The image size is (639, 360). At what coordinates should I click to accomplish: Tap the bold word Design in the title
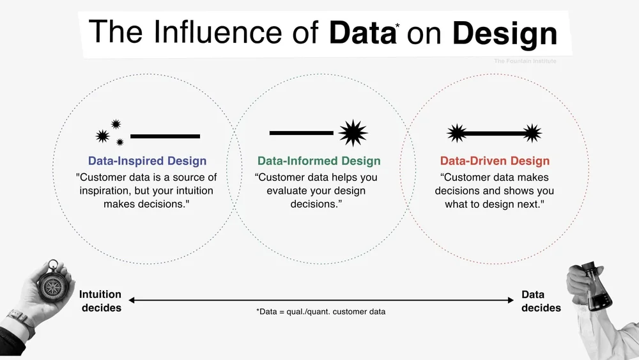coord(505,33)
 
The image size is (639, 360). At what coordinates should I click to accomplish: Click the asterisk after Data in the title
coord(397,26)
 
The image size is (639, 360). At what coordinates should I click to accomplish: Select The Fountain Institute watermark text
coord(525,61)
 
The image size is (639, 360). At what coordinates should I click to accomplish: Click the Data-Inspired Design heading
coord(147,161)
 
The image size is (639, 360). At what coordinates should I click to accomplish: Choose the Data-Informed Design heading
coord(319,161)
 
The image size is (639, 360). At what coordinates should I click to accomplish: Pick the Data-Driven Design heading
coord(495,161)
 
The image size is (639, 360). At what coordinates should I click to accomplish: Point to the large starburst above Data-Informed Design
coord(353,133)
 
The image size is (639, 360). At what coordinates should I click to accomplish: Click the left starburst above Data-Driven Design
coord(456,133)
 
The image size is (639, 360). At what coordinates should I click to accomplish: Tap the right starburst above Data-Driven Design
coord(532,133)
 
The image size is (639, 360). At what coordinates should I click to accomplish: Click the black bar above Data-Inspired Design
coord(165,136)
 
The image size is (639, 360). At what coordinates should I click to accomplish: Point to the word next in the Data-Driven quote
coord(526,204)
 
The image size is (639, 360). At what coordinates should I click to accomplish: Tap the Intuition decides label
coord(100,301)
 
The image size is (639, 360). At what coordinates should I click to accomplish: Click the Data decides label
coord(541,301)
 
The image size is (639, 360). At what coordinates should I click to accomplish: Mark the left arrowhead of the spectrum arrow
coord(132,300)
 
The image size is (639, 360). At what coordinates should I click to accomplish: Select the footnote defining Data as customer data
coord(321,312)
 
